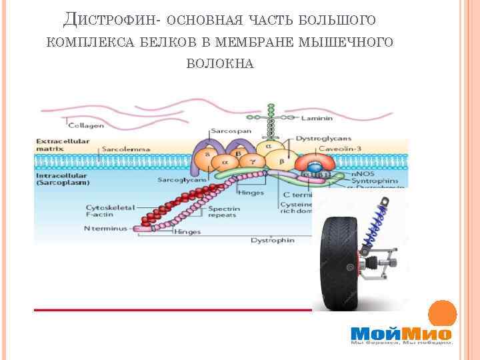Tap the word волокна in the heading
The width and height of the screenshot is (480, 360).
220,63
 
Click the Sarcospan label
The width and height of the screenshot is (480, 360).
226,131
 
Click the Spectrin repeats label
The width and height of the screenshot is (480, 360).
223,212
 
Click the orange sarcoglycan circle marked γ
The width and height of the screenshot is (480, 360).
252,161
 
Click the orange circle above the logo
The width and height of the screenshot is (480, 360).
441,313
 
